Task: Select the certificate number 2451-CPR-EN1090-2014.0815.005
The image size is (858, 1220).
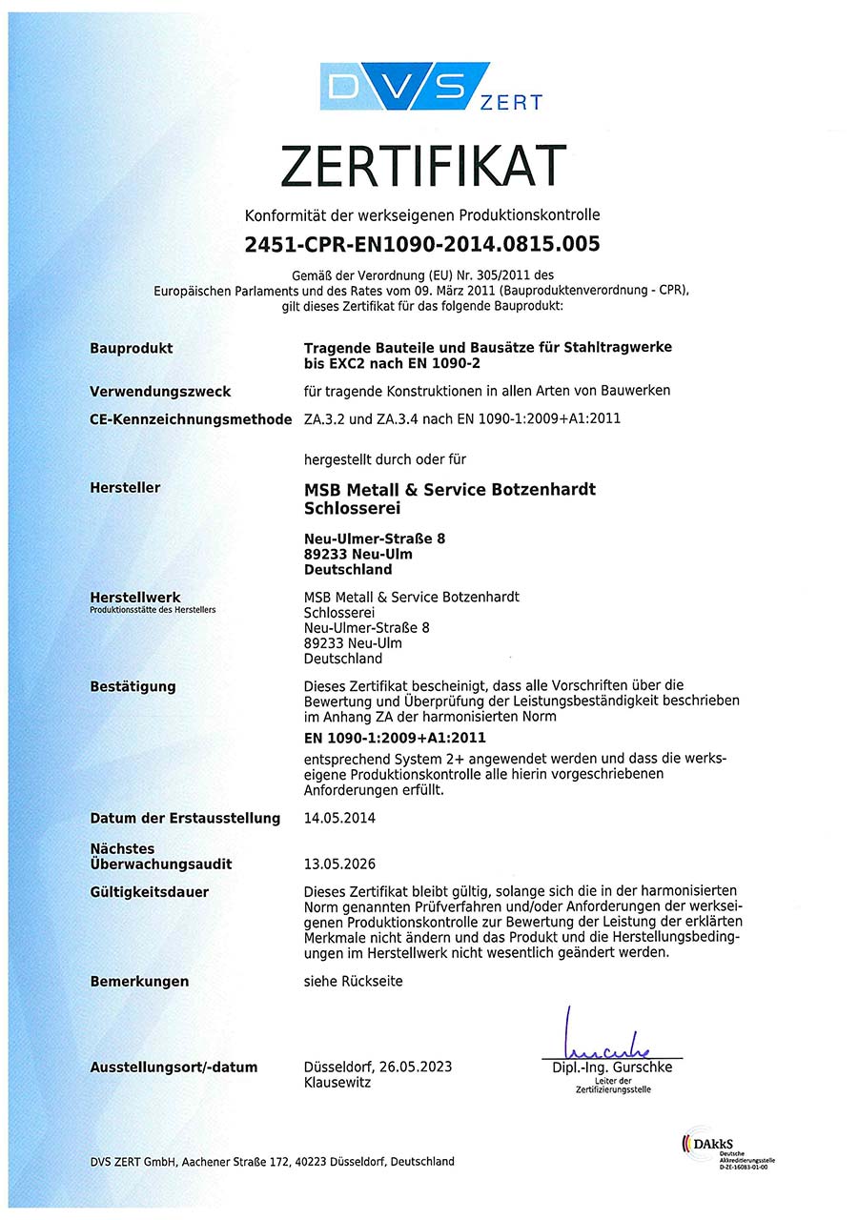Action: [x=422, y=244]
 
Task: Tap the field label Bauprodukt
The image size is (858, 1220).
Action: [x=132, y=348]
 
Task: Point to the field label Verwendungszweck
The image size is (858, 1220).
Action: [x=160, y=392]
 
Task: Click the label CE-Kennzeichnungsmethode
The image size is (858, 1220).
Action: [x=191, y=418]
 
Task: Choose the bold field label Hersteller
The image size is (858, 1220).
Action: [x=125, y=488]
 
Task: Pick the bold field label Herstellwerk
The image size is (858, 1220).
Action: [x=134, y=598]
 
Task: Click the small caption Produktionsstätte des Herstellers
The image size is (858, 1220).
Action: [x=153, y=609]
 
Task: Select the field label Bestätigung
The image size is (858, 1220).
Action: [x=133, y=686]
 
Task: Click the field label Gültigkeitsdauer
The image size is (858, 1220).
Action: [x=149, y=892]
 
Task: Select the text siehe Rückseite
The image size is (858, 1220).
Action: [x=353, y=981]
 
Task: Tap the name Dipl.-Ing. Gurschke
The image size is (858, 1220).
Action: [x=612, y=1067]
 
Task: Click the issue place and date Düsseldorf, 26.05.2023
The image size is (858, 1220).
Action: [x=378, y=1067]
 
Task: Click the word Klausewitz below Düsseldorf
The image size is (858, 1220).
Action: [x=337, y=1083]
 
